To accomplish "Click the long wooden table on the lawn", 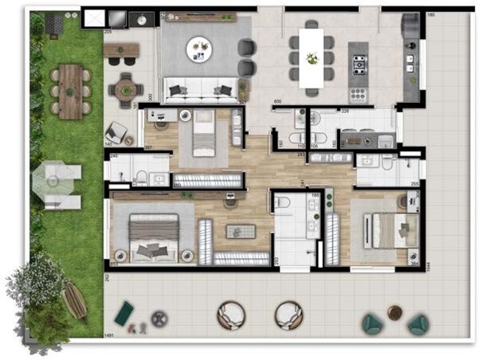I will (x=71, y=91).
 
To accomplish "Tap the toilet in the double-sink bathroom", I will (x=283, y=205).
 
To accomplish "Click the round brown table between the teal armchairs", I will (x=394, y=312).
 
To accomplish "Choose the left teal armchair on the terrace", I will (x=372, y=323).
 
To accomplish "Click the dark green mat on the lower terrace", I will (x=124, y=313).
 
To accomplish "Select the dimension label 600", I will (x=278, y=103).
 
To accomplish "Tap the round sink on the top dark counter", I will (x=144, y=17).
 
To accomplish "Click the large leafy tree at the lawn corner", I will (x=36, y=286).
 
